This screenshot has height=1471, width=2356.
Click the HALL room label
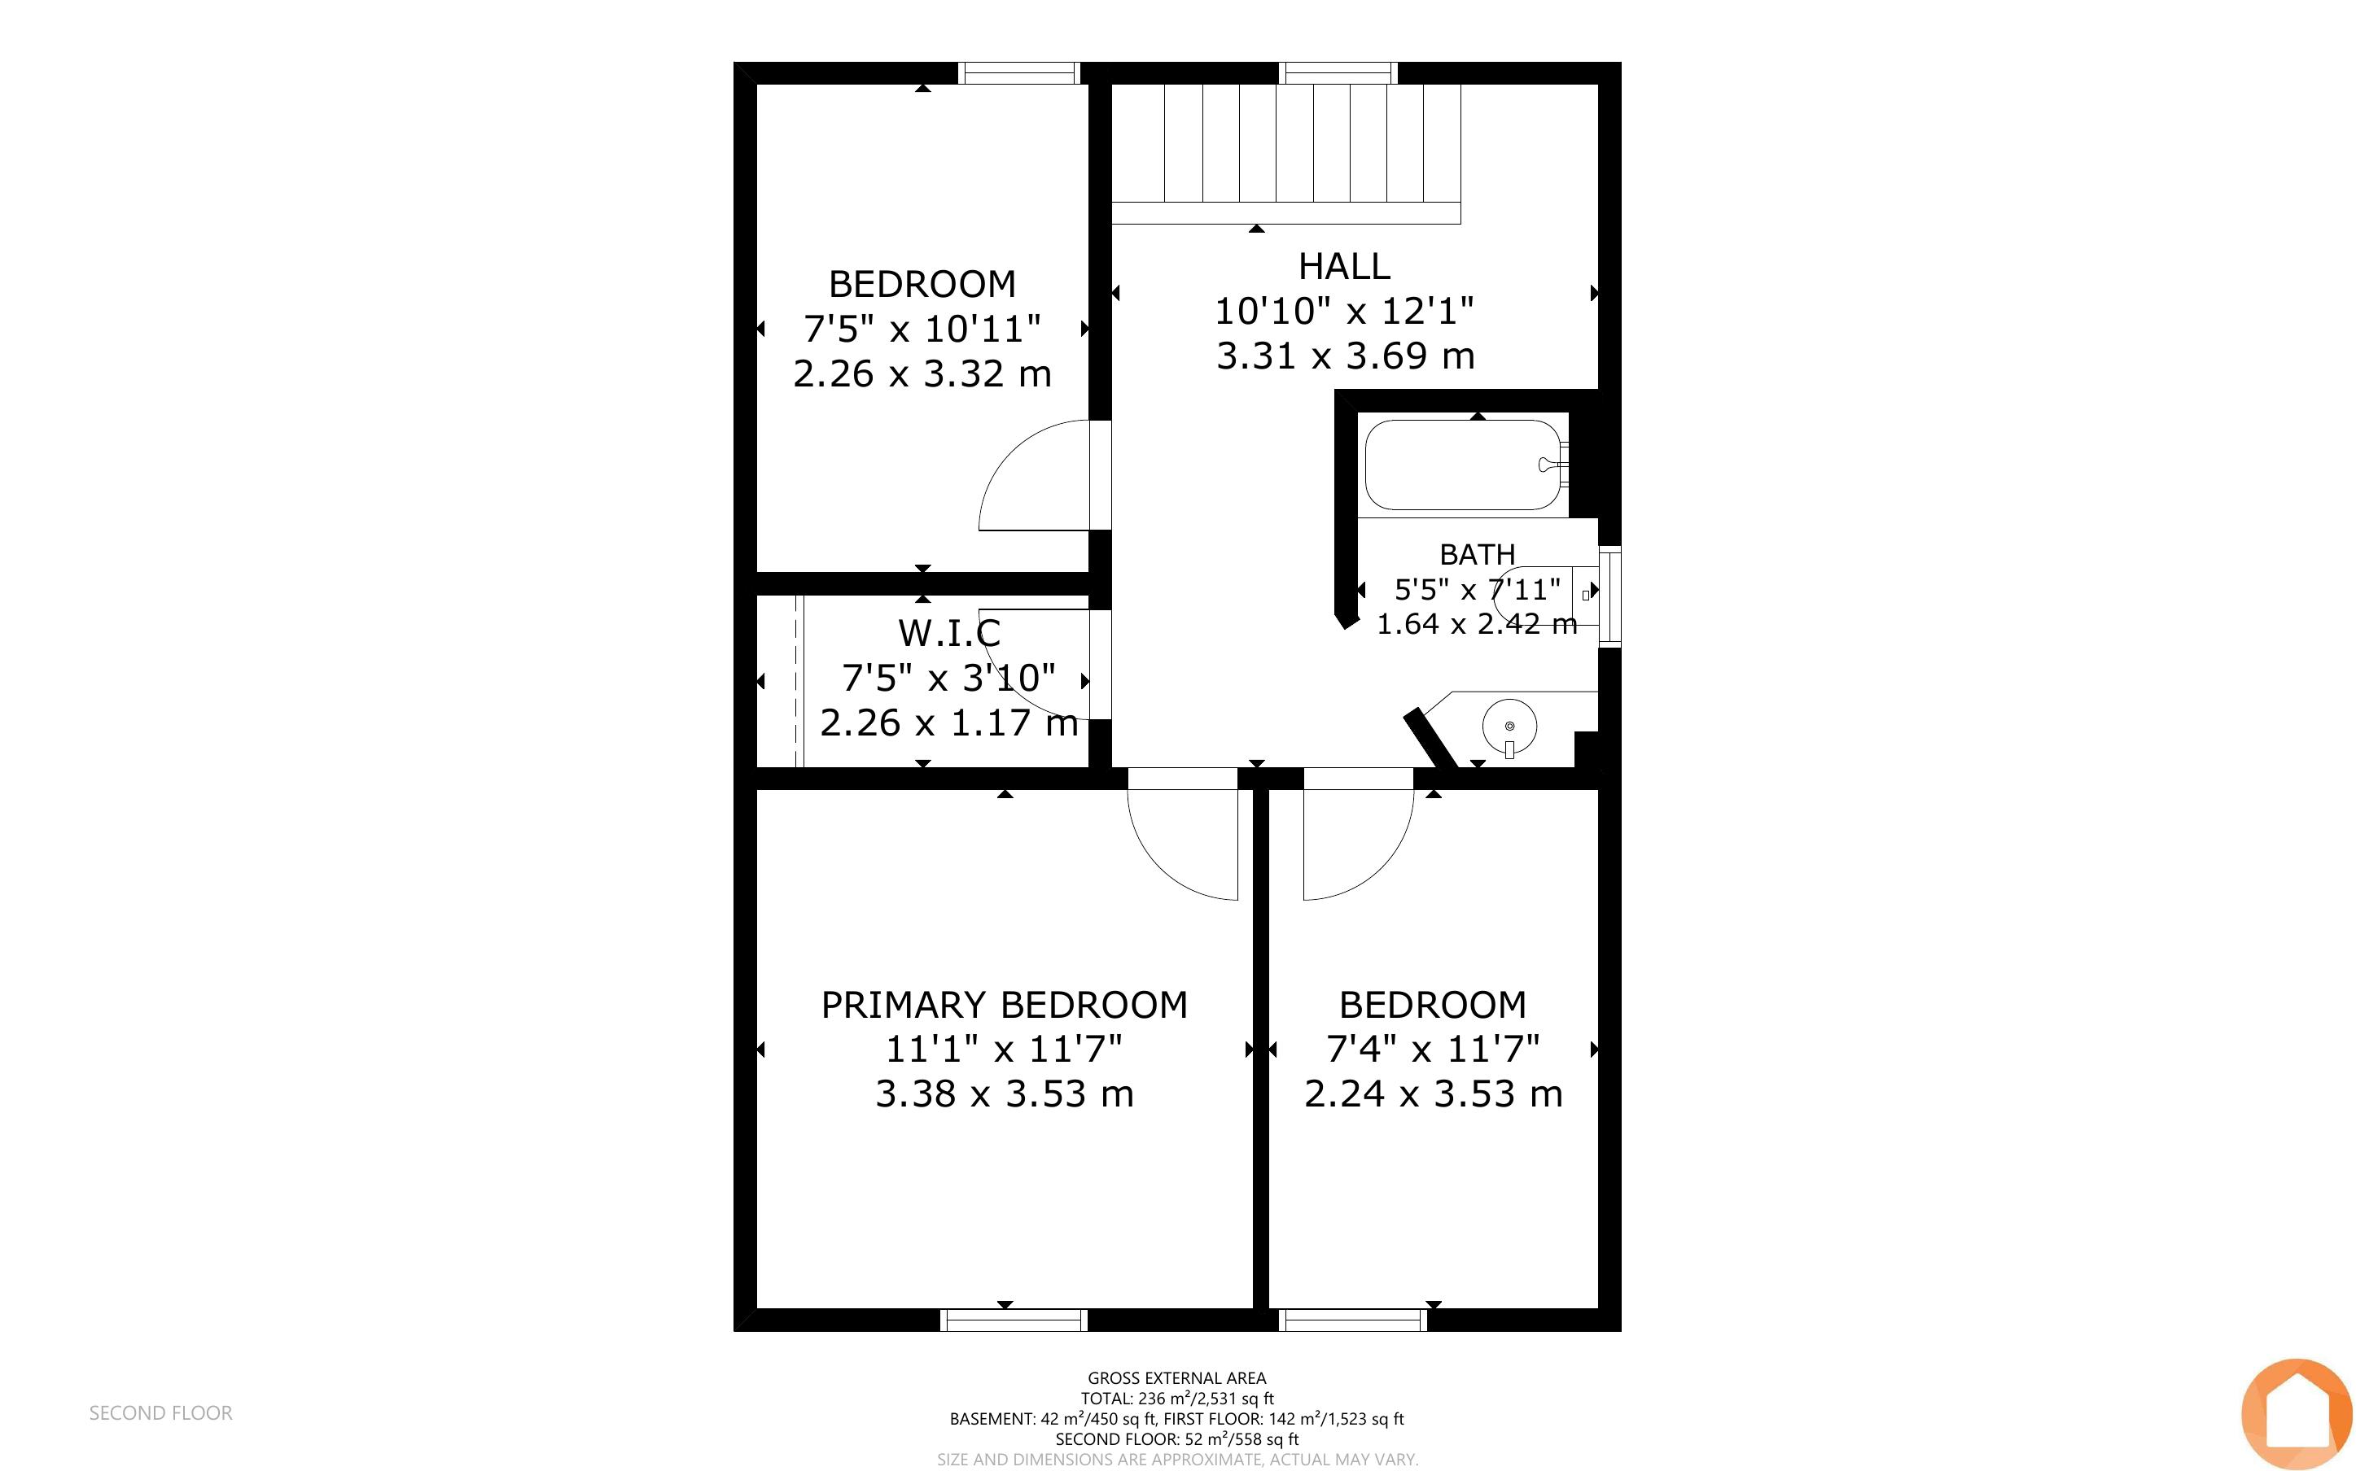tap(1344, 265)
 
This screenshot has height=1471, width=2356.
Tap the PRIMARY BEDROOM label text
tap(1005, 1005)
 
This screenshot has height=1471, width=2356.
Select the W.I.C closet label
tap(948, 633)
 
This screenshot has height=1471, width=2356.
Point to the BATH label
tap(1478, 555)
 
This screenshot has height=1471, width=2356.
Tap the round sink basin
tap(1509, 726)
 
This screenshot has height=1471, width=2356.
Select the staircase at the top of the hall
tap(1285, 154)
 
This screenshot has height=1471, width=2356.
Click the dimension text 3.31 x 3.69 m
tap(1345, 356)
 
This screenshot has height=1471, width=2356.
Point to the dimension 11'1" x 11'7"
tap(1005, 1049)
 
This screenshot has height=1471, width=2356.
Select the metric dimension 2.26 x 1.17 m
tap(948, 722)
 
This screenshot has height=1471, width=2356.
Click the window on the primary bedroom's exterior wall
tap(1013, 1319)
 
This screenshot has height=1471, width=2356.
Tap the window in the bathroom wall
tap(1610, 596)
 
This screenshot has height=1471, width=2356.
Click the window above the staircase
tap(1338, 73)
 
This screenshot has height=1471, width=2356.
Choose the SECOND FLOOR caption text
tap(160, 1413)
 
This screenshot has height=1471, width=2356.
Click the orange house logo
tap(2297, 1415)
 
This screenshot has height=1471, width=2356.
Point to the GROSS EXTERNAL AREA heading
tap(1176, 1377)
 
